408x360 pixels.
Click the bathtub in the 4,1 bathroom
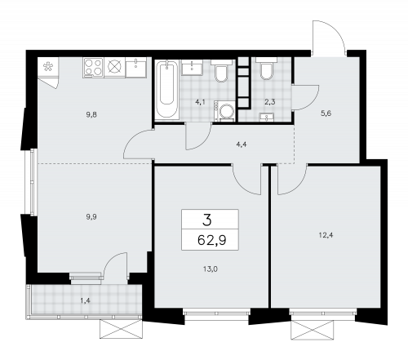167,89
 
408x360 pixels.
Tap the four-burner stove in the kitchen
93,67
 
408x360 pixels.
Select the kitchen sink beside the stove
136,67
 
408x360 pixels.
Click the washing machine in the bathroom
224,111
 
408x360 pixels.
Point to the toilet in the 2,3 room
266,69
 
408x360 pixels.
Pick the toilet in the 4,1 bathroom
221,71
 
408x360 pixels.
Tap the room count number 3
206,220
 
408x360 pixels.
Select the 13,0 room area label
211,269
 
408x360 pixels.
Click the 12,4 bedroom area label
326,234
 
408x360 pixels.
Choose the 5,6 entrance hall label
326,113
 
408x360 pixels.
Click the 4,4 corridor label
242,144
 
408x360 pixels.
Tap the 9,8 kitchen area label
91,114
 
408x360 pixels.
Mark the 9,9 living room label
91,217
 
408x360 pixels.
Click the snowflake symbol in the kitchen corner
48,66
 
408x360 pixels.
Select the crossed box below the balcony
121,329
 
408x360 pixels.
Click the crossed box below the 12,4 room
313,330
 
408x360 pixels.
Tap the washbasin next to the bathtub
192,67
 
